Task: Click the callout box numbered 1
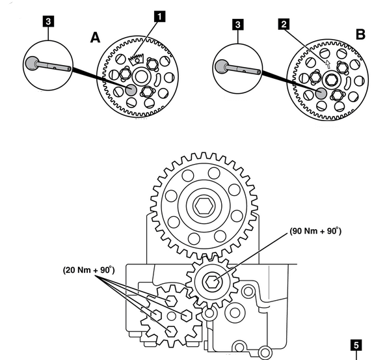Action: tap(160, 16)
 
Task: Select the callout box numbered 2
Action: tap(284, 24)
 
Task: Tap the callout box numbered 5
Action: tap(356, 345)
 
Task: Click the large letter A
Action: tap(95, 38)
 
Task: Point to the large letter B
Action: tap(360, 35)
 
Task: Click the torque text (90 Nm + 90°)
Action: tap(315, 231)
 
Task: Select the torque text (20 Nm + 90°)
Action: tap(89, 270)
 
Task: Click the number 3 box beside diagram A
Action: tap(48, 21)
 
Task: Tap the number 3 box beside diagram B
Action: tap(237, 25)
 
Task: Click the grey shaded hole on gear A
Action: tap(131, 90)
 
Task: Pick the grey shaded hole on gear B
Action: tap(321, 93)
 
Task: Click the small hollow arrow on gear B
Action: tap(328, 64)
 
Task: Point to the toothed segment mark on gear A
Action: tap(137, 59)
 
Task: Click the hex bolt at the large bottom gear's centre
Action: tap(204, 206)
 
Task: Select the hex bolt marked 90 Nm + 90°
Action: tap(212, 281)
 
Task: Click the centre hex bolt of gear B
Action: tap(332, 80)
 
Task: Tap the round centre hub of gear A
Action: tap(140, 76)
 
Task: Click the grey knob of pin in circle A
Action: tap(32, 64)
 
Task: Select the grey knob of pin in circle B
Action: tap(222, 66)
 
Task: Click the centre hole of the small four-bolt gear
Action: tap(171, 316)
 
